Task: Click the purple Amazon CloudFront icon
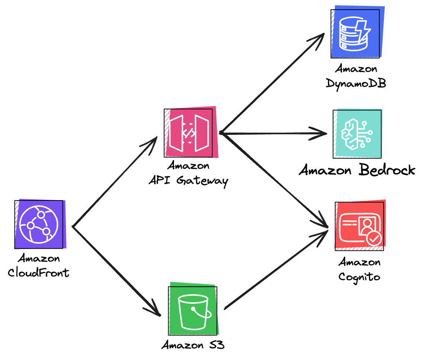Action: (39, 225)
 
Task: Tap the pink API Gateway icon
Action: (190, 133)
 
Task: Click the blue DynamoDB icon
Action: (355, 33)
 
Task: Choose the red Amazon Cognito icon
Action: (360, 226)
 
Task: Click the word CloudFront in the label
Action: (39, 273)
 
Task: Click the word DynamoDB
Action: (356, 83)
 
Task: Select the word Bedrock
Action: (387, 171)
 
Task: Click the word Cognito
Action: (359, 277)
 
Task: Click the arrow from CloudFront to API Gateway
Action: (115, 183)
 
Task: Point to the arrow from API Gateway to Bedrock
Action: (274, 133)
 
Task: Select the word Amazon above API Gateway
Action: (188, 165)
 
